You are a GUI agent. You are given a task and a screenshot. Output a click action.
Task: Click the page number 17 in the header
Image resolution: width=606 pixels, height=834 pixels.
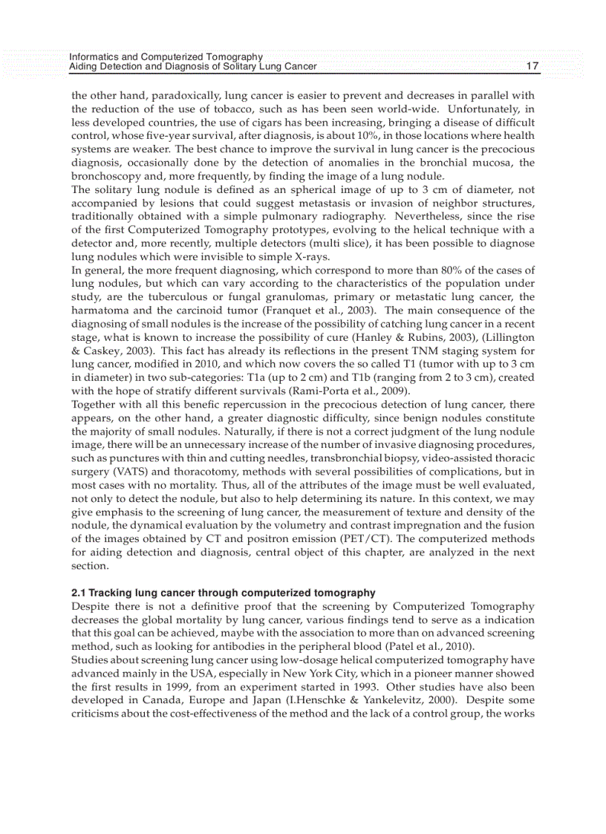click(x=532, y=66)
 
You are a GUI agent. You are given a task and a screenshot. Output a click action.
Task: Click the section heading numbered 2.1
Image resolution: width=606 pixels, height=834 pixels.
click(x=223, y=593)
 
